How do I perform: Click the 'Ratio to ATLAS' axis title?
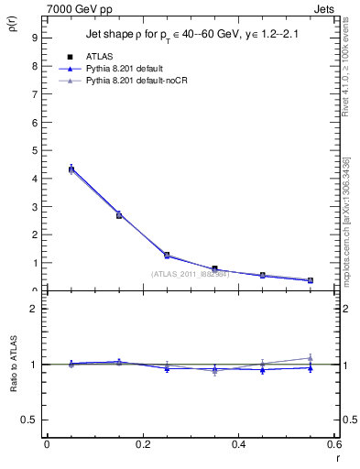pyautogui.click(x=11, y=365)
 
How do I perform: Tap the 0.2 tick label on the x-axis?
pyautogui.click(x=142, y=445)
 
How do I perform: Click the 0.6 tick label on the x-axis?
pyautogui.click(x=333, y=445)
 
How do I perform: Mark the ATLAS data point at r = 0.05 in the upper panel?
pyautogui.click(x=71, y=169)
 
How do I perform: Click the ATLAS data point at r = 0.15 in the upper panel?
pyautogui.click(x=119, y=215)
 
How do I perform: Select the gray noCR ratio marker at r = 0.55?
pyautogui.click(x=310, y=358)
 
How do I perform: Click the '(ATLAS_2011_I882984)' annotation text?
pyautogui.click(x=191, y=273)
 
